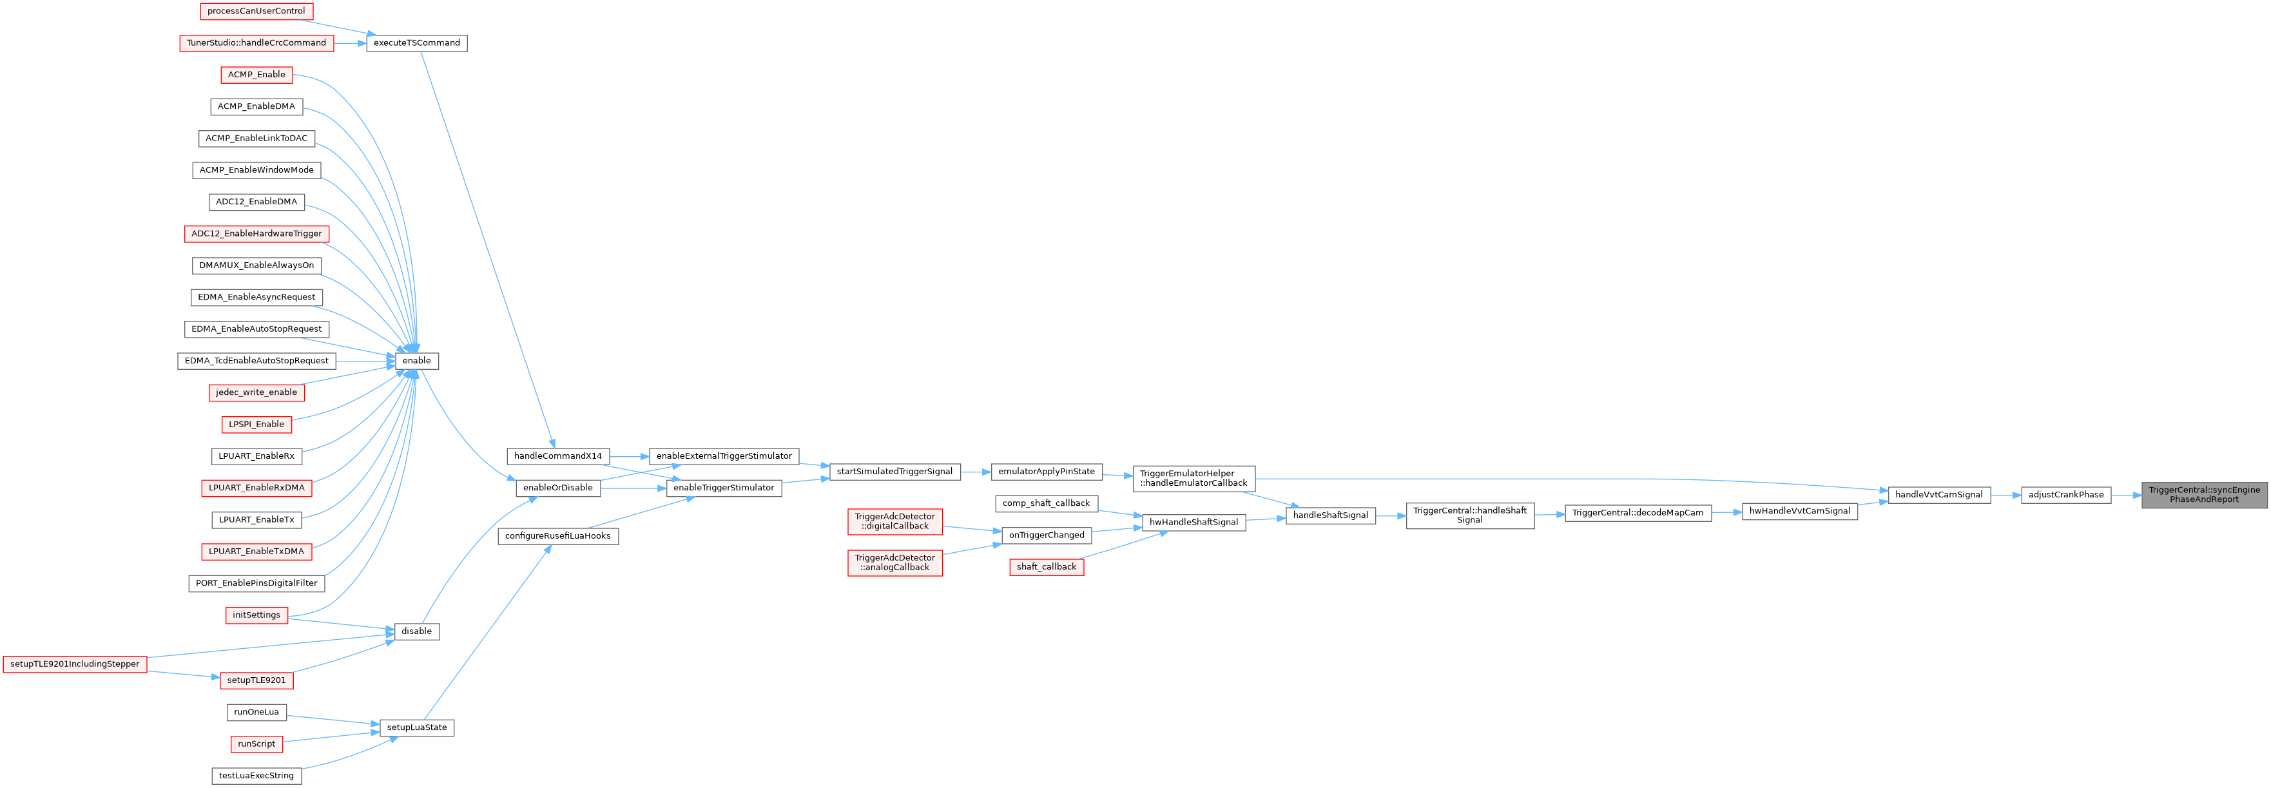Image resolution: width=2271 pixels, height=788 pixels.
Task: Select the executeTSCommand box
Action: coord(416,43)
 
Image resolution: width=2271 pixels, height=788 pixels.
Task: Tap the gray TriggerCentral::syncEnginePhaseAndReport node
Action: coord(2204,494)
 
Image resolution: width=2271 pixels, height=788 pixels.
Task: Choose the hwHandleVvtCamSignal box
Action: coord(1799,511)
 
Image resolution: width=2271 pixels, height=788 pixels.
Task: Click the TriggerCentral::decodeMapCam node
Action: coord(1637,513)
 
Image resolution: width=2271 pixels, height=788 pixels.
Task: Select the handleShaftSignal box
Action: coord(1330,515)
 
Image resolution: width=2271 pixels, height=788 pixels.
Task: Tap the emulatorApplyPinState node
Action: coord(1047,472)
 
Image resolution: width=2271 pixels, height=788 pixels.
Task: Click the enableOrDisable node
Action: coord(558,488)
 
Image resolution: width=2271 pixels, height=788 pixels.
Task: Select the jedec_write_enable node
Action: coord(256,392)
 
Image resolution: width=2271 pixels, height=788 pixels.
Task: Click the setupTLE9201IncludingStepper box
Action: coord(75,664)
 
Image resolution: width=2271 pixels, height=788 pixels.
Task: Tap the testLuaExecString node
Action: coord(256,776)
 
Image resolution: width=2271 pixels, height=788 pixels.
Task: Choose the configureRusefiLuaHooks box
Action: coord(558,536)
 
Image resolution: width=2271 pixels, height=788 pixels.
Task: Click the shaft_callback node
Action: coord(1047,567)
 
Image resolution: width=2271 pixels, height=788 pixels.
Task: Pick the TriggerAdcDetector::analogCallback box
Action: coord(895,562)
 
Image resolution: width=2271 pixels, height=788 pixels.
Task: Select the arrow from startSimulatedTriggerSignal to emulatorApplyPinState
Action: coord(975,472)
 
